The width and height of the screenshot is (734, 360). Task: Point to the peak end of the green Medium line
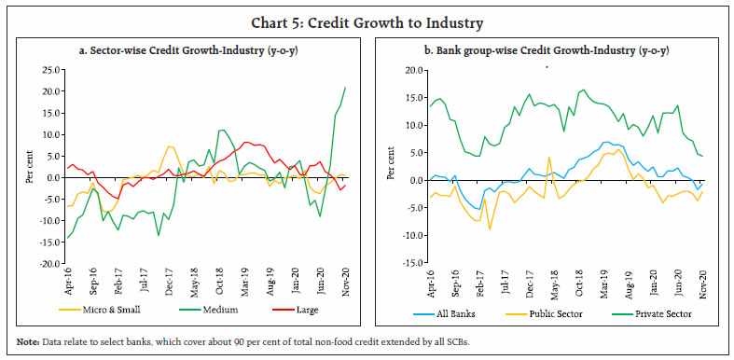pos(345,87)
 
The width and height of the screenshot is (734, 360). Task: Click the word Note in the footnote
pos(25,341)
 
